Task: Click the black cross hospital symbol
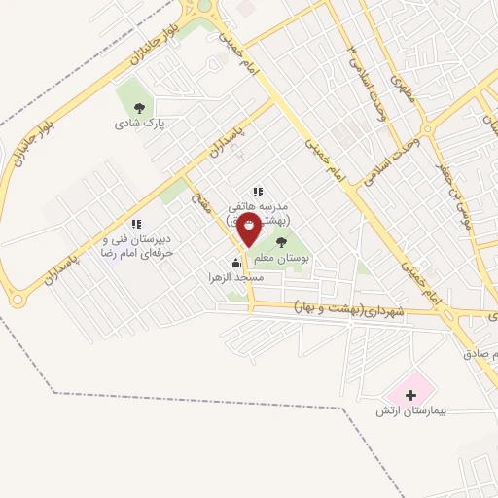click(x=409, y=395)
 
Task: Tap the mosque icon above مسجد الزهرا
click(x=234, y=262)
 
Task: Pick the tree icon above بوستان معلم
click(x=282, y=242)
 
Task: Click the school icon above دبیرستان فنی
click(x=136, y=224)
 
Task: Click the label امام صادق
click(x=481, y=355)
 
